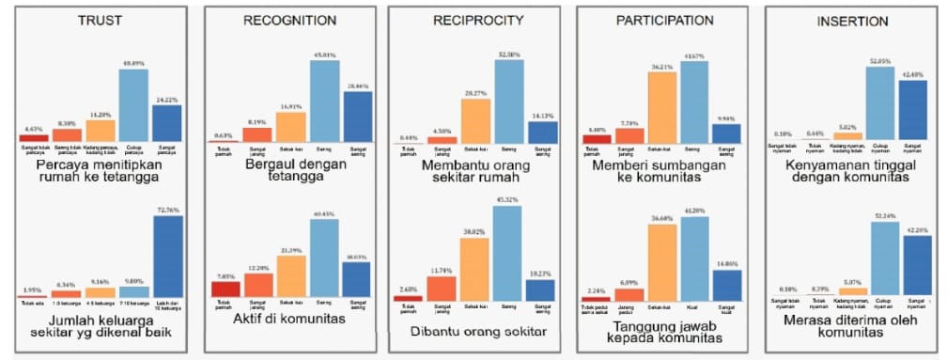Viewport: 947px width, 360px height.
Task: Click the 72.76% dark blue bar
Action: pyautogui.click(x=168, y=257)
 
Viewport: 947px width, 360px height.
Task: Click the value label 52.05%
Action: pyautogui.click(x=879, y=60)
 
